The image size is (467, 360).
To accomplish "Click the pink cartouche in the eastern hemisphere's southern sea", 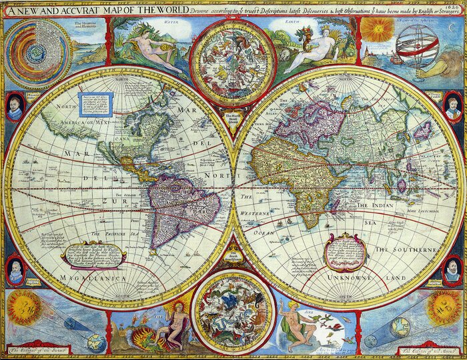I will [345, 249].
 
